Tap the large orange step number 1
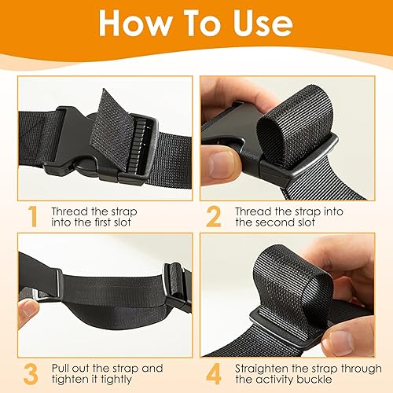tap(33, 216)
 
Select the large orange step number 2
tap(214, 216)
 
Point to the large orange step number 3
tap(31, 374)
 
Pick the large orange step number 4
tap(214, 374)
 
